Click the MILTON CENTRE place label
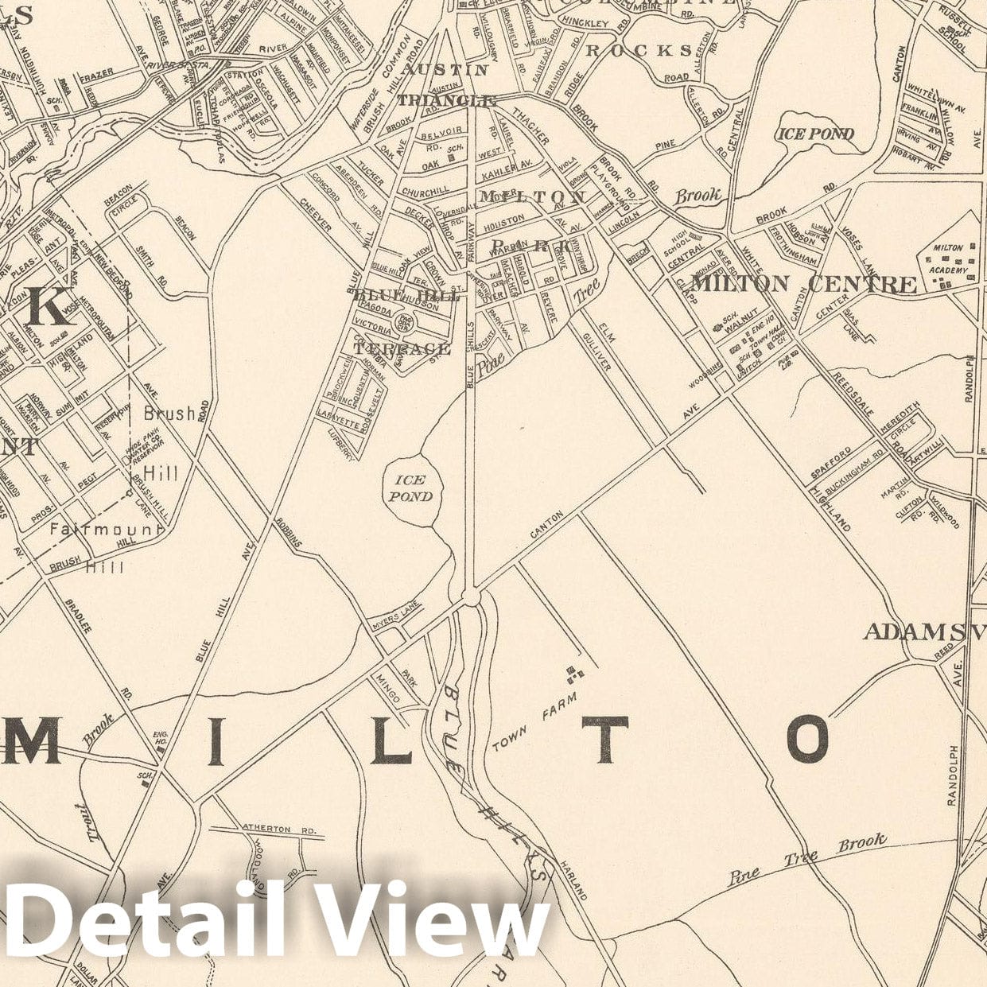(803, 284)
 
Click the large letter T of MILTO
(609, 739)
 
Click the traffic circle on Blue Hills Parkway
(471, 596)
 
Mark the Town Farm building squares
(574, 674)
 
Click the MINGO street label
(390, 687)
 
